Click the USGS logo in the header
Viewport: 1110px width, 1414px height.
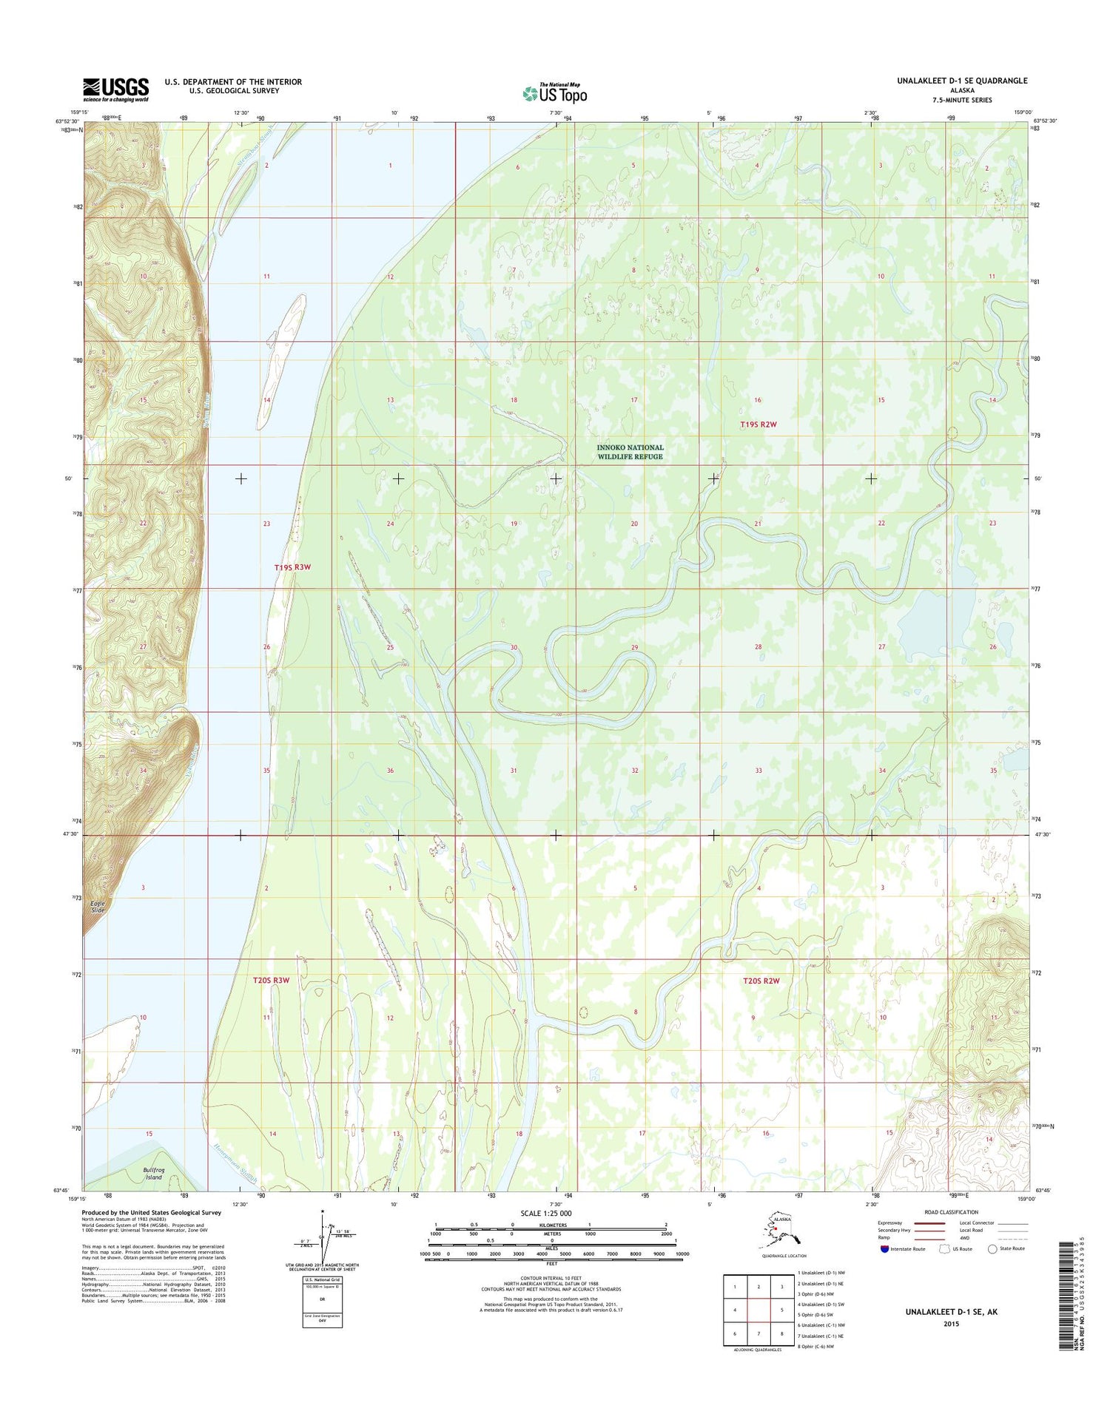(x=115, y=89)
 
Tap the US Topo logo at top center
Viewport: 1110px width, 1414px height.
(x=554, y=93)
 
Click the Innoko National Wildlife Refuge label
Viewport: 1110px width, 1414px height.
(x=630, y=452)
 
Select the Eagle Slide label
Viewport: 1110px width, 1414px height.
(x=98, y=907)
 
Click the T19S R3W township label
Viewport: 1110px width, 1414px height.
(x=292, y=567)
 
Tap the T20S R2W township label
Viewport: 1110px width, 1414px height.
(x=761, y=981)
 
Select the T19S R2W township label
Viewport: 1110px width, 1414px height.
(x=758, y=424)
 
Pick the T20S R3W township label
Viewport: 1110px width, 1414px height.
(x=271, y=980)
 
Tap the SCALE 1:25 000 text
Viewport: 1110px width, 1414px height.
(x=547, y=1214)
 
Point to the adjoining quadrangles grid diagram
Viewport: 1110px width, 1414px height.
(x=758, y=1309)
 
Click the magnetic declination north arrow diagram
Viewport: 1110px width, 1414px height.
(x=322, y=1237)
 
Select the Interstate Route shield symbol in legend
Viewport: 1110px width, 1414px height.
(x=884, y=1249)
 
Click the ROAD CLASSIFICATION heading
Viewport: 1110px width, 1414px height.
(x=951, y=1212)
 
